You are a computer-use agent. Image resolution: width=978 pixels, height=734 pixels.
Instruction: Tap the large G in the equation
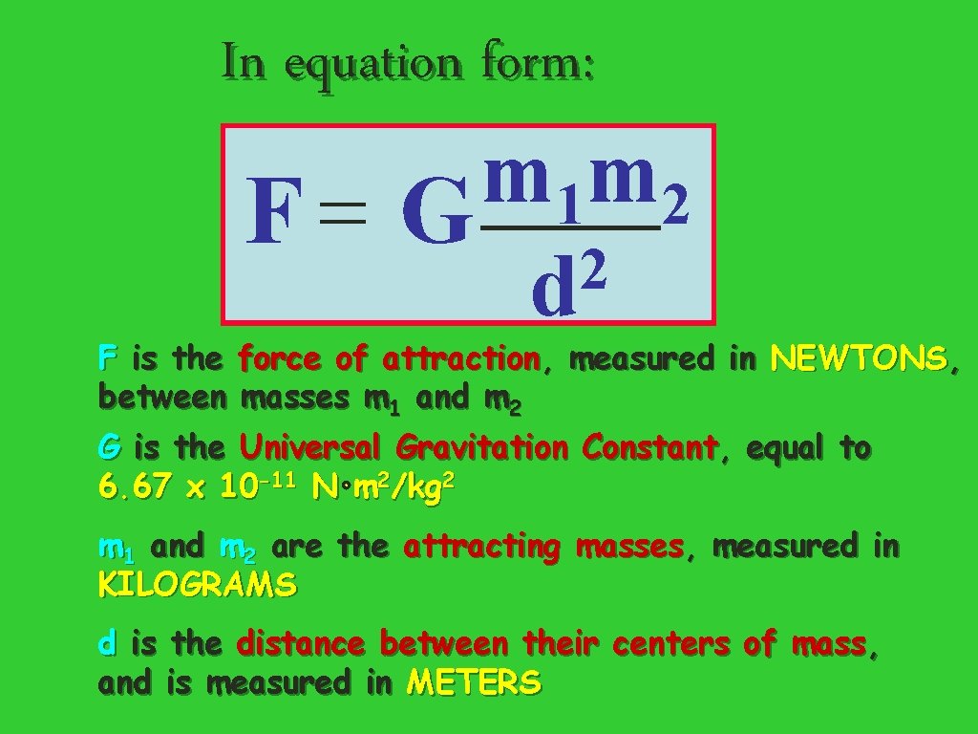click(436, 214)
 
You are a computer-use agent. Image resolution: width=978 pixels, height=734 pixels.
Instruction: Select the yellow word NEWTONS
click(859, 359)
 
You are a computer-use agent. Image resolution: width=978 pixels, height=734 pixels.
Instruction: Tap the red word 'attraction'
click(461, 359)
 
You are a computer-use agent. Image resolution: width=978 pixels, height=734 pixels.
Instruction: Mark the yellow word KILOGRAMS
click(197, 585)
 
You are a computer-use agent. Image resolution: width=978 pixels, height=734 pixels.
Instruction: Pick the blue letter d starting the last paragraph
click(107, 643)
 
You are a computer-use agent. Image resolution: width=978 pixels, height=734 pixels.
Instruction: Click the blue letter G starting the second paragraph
click(109, 447)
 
